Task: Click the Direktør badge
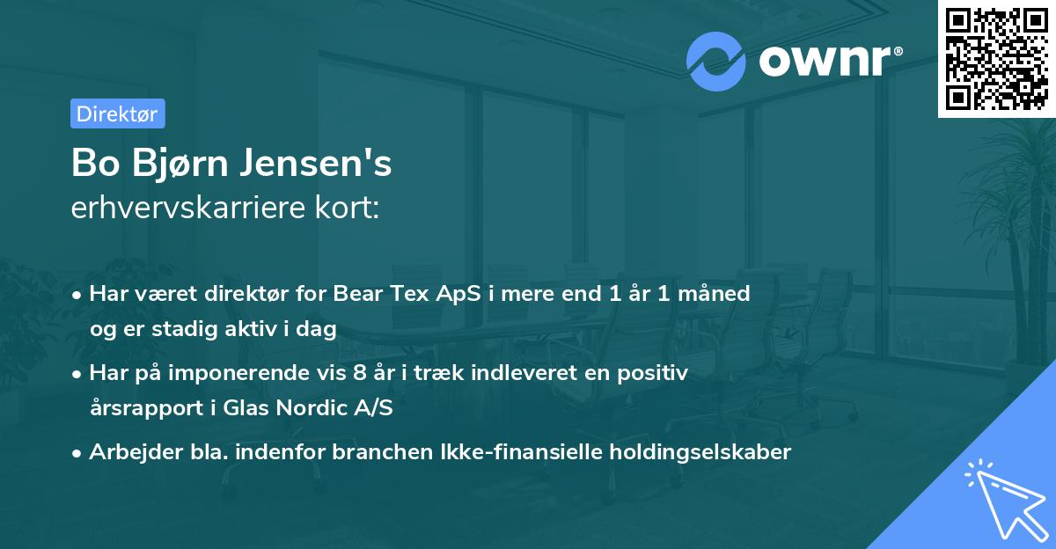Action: click(x=117, y=113)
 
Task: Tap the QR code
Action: click(x=994, y=58)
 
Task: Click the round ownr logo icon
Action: click(x=716, y=60)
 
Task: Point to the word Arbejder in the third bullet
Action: click(x=128, y=452)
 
